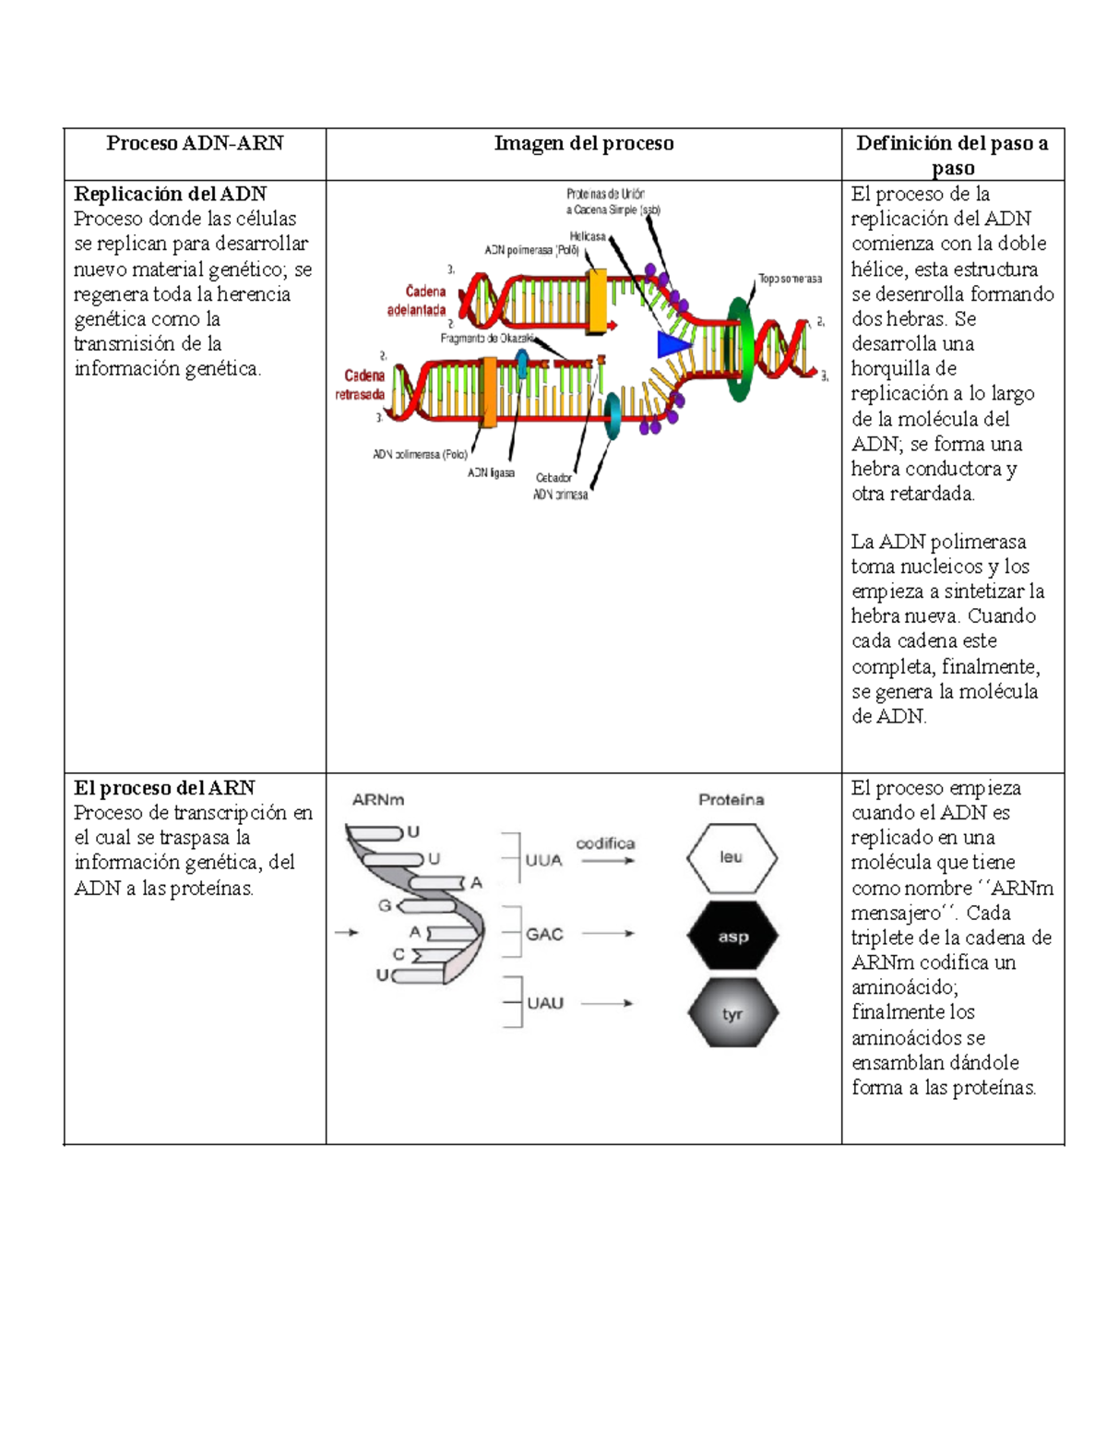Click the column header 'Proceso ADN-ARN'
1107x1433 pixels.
[x=195, y=143]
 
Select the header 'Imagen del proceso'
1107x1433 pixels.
[x=583, y=143]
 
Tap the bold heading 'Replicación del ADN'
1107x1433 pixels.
[x=170, y=194]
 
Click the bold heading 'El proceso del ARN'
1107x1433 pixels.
[x=164, y=788]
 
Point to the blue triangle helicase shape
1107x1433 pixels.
[x=673, y=344]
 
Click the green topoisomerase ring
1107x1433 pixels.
[x=739, y=350]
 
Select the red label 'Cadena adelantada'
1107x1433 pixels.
[x=417, y=301]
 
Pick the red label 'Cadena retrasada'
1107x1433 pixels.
[x=361, y=385]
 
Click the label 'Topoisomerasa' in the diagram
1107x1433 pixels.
[x=790, y=279]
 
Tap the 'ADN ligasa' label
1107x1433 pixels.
[x=491, y=472]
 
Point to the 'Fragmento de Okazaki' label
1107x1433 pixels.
[x=487, y=339]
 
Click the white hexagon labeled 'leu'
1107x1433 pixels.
[x=732, y=857]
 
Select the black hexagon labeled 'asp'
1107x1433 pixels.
[x=732, y=937]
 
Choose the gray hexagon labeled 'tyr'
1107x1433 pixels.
[x=732, y=1014]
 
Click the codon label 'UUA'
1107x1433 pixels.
[x=543, y=860]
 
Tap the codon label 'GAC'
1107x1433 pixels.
[x=544, y=934]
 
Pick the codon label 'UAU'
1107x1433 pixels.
[x=544, y=1003]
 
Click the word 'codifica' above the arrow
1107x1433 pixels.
[x=605, y=843]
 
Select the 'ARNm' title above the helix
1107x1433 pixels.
[x=378, y=800]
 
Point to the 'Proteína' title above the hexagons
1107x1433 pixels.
[x=731, y=800]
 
